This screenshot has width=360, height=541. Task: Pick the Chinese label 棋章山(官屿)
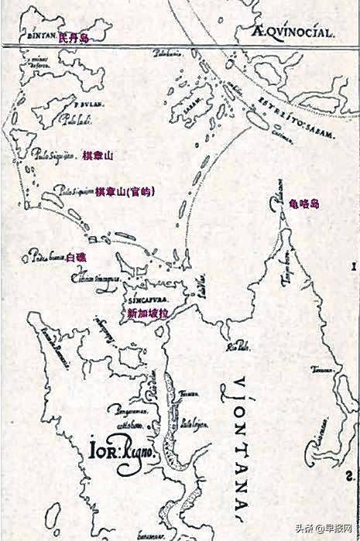tap(124, 191)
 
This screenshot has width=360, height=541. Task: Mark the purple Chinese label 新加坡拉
tap(147, 313)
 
